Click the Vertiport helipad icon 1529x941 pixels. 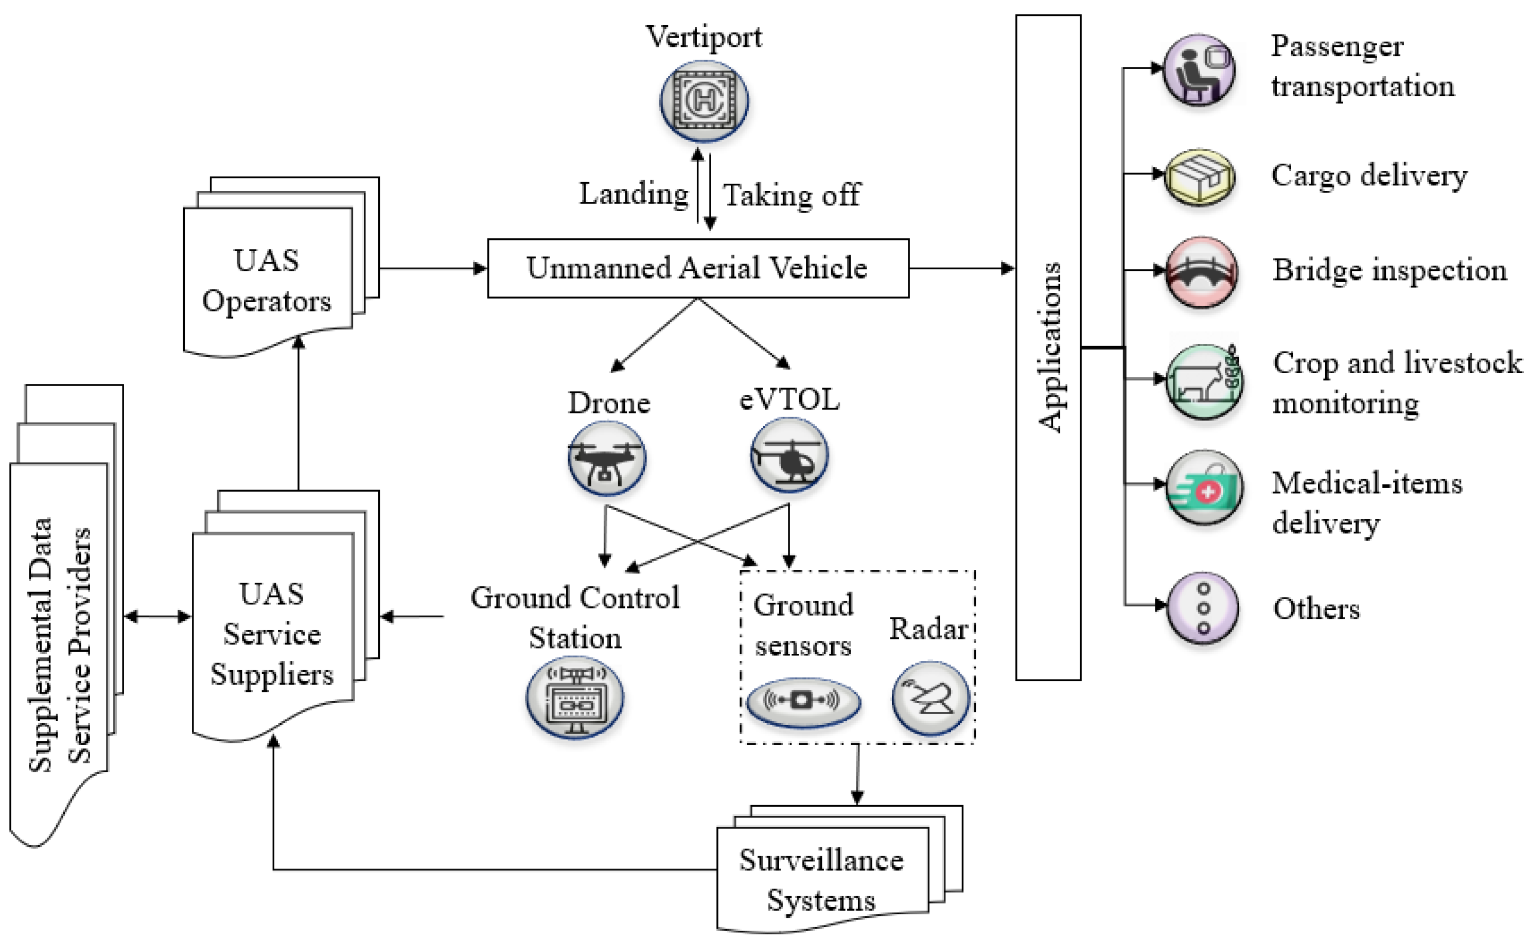(x=704, y=101)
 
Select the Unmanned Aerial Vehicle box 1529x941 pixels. (x=697, y=268)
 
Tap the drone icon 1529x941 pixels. (x=606, y=459)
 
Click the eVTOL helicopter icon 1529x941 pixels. (x=789, y=456)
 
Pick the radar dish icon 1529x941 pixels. (x=930, y=698)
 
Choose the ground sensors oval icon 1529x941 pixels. (x=803, y=702)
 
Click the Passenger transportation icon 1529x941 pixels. (x=1199, y=69)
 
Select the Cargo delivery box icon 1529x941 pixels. (x=1199, y=178)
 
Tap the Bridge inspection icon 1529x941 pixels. (x=1201, y=272)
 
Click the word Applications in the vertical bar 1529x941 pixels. (x=1049, y=347)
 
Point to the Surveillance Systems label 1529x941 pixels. (x=821, y=880)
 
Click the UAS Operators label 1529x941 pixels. (x=267, y=281)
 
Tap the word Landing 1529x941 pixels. (x=633, y=194)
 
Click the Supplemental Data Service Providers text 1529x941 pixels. (x=60, y=644)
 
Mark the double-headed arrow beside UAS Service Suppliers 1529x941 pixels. (x=157, y=617)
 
